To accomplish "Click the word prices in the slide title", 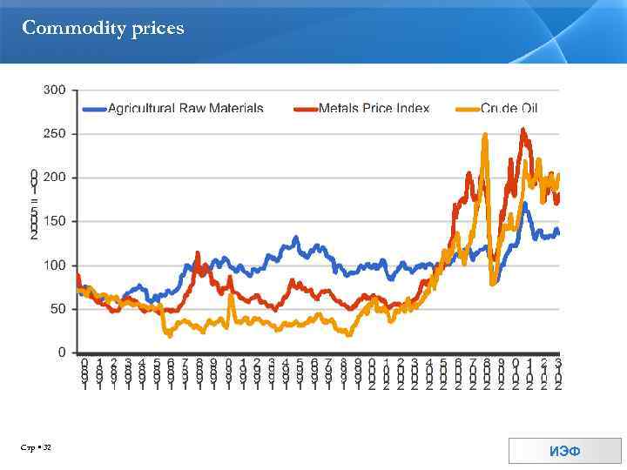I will (x=158, y=29).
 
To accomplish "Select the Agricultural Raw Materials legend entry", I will (x=185, y=109).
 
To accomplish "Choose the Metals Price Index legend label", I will (x=374, y=109).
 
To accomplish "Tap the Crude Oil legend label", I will (x=509, y=109).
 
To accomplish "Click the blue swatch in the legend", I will (x=94, y=109).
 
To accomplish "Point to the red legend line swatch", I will (x=305, y=109).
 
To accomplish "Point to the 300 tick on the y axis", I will (x=55, y=91).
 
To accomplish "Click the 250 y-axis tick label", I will (x=55, y=134).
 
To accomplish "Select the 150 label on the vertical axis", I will (x=55, y=222).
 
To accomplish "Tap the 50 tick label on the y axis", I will (x=58, y=309).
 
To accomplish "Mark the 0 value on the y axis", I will (x=62, y=352).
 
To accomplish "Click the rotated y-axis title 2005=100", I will (x=34, y=205).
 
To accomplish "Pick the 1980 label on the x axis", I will (x=84, y=374).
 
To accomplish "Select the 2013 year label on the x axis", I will (x=557, y=374).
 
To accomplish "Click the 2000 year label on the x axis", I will (x=372, y=374).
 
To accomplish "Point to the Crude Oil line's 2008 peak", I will (x=485, y=135).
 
